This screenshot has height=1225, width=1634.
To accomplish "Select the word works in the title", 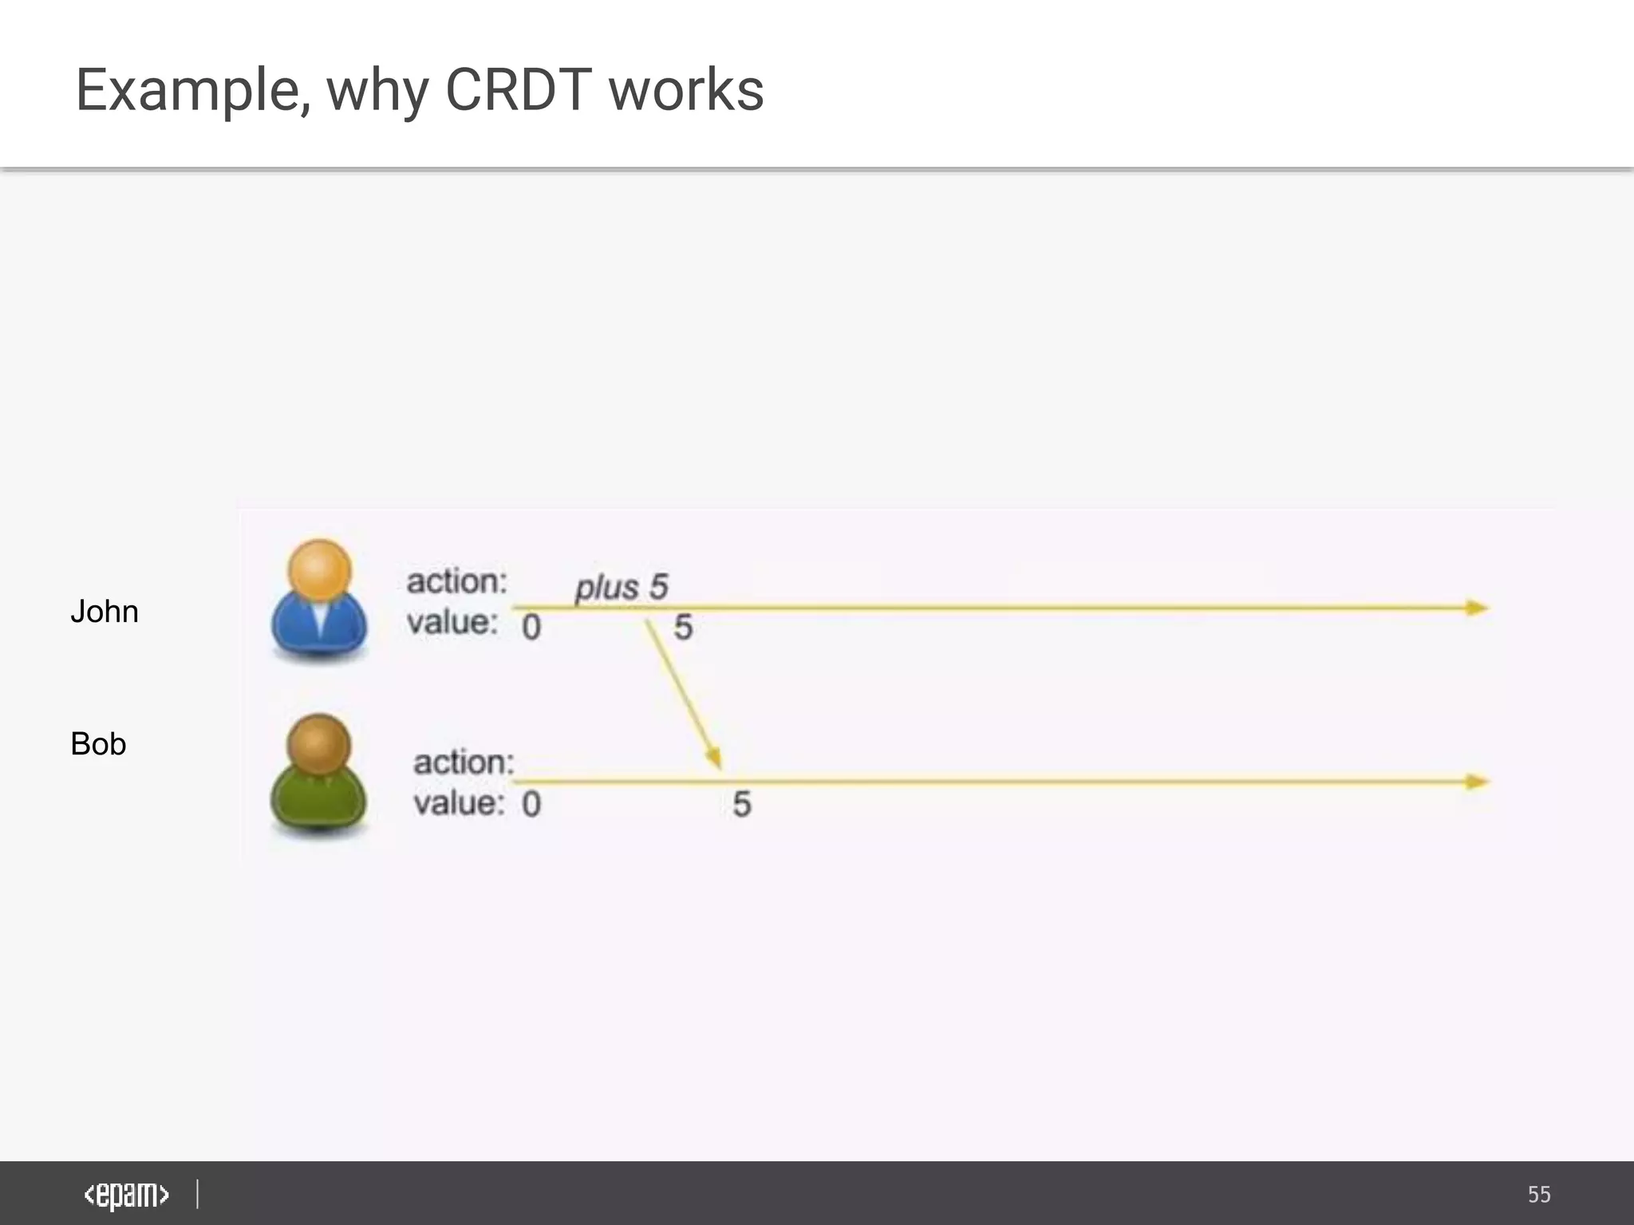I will tap(686, 89).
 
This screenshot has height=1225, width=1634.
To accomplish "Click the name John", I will tap(105, 612).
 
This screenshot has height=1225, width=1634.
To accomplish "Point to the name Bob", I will tap(98, 744).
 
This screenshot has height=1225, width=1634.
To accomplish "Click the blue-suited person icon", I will tap(319, 602).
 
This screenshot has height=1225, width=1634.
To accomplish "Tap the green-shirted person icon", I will tap(319, 776).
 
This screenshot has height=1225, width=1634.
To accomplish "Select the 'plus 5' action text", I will tap(622, 588).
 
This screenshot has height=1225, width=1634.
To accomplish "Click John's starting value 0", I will tap(531, 628).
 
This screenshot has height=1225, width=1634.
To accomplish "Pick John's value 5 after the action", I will tap(683, 628).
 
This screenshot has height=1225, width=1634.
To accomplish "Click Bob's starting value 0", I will tap(531, 804).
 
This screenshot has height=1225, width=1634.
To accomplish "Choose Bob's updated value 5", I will tap(742, 804).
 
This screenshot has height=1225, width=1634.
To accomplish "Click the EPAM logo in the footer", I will tap(126, 1195).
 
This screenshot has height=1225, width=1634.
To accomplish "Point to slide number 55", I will tap(1539, 1195).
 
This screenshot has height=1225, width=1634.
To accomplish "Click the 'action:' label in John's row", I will tap(457, 581).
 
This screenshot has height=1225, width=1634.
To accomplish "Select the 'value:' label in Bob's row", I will tap(459, 803).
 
